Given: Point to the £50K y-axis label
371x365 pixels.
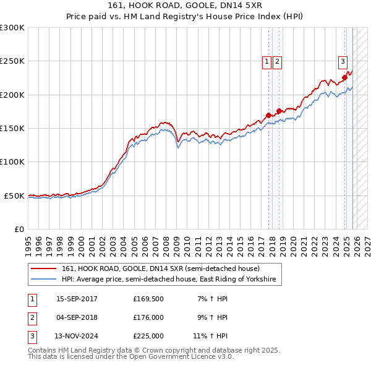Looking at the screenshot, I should (x=13, y=195).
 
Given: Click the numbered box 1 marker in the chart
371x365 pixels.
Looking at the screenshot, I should (x=267, y=61).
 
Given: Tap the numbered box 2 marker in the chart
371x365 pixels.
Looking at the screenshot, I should (x=277, y=61).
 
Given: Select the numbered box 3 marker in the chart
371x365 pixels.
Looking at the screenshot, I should (x=343, y=61).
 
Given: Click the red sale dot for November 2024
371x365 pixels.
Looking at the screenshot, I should (x=345, y=77).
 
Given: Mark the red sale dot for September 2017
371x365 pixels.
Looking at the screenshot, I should (x=268, y=115).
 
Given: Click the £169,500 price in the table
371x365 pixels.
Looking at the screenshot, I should (x=148, y=299).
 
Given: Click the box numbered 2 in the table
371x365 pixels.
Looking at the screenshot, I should (x=32, y=317).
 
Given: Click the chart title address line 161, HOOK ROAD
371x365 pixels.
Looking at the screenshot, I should (x=185, y=6).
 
